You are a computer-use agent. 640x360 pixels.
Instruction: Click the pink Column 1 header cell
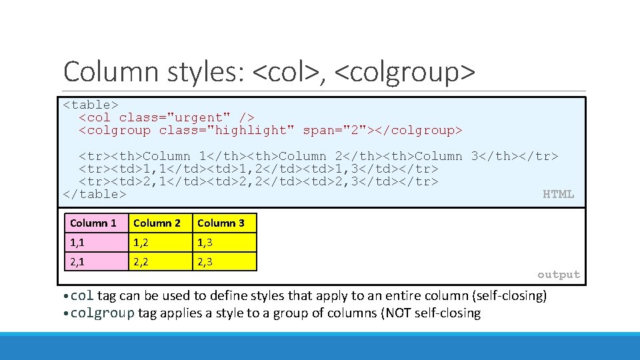[95, 223]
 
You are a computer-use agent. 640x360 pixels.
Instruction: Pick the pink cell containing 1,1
[95, 243]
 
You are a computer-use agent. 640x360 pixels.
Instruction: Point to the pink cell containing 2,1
[95, 261]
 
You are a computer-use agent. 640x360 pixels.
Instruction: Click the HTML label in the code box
[558, 195]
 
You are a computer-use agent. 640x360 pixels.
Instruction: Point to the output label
[559, 275]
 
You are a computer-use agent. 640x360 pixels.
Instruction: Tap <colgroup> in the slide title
[405, 72]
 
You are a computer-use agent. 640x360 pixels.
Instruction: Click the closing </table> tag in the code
[94, 195]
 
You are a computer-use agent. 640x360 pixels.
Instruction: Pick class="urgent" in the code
[175, 117]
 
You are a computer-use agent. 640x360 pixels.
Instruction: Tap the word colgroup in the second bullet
[103, 313]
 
